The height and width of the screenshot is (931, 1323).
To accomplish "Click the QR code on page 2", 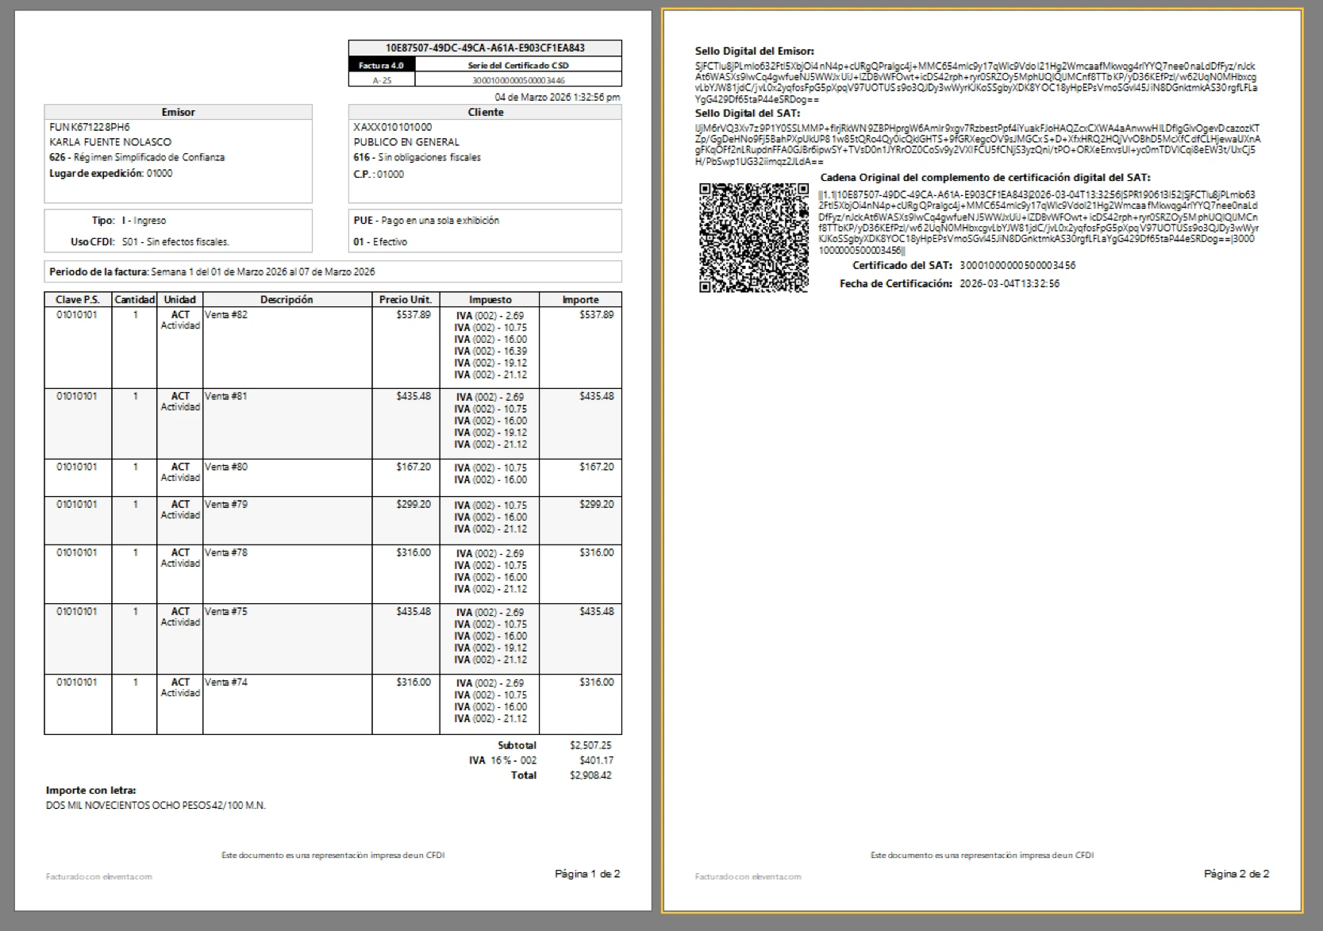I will point(753,237).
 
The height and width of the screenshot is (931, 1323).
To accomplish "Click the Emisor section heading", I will point(178,113).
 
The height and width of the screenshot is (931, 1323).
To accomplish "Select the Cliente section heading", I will point(485,113).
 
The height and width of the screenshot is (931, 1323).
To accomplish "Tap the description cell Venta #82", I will point(226,315).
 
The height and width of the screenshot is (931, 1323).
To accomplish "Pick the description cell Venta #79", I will point(226,505).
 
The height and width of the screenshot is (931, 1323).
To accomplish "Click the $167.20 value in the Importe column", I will point(596,467).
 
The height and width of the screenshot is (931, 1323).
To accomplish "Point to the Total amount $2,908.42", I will point(590,775).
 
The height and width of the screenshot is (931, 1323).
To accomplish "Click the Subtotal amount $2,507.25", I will point(590,745).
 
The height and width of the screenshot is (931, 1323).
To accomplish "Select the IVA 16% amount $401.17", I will point(596,760).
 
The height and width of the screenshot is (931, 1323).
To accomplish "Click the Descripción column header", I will point(287,300).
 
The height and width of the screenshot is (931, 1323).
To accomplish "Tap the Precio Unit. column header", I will point(405,300).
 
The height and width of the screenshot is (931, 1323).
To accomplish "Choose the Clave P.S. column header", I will point(78,300).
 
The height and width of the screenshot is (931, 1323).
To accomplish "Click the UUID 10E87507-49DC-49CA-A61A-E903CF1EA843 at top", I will point(485,48).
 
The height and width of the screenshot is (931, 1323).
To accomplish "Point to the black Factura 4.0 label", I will point(381,65).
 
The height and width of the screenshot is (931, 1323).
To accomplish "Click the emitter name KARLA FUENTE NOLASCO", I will point(110,142).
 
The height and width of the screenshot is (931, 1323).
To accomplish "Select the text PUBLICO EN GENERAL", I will point(406,142).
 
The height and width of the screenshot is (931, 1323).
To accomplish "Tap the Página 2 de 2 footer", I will point(1236,874).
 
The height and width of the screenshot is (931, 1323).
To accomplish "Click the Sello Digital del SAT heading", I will point(748,113).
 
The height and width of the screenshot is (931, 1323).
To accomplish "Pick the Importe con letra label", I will point(90,791).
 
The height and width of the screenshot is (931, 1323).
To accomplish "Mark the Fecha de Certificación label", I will point(895,284).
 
